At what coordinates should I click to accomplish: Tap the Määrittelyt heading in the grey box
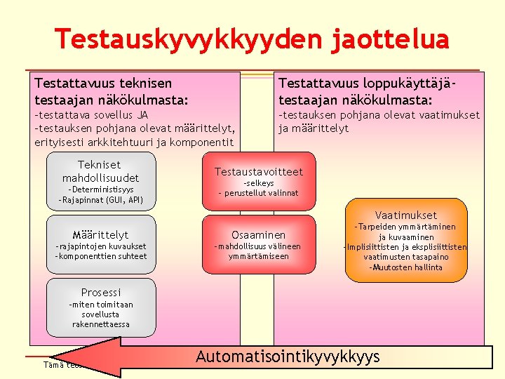(x=100, y=234)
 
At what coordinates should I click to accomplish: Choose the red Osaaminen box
(x=258, y=235)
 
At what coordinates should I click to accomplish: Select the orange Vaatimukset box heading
(x=405, y=215)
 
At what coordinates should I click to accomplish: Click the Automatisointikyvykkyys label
(x=288, y=357)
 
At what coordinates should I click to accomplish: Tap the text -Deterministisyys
(x=100, y=189)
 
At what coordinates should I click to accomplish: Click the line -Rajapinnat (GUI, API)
(x=100, y=200)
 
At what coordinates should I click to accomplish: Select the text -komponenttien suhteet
(x=100, y=256)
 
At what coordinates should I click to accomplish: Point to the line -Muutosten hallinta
(x=406, y=267)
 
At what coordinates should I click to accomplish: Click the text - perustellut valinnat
(x=258, y=193)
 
